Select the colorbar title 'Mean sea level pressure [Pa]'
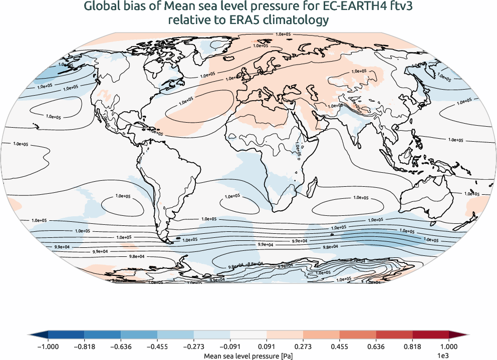pyautogui.click(x=248, y=355)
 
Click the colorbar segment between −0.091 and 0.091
pyautogui.click(x=248, y=335)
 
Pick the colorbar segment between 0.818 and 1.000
pyautogui.click(x=430, y=335)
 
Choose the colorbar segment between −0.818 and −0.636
pyautogui.click(x=103, y=335)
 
